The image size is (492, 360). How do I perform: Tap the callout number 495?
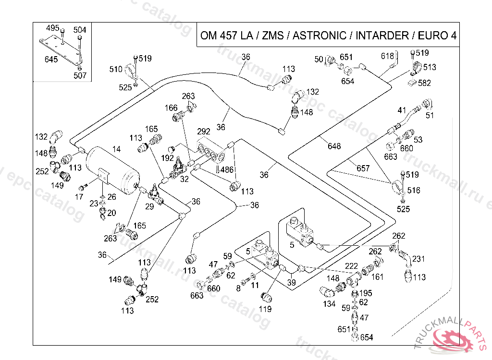52,28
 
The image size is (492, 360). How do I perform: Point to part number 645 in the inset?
51,60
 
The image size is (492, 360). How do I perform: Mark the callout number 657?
363,168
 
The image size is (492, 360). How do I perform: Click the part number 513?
430,67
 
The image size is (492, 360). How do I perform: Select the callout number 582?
425,83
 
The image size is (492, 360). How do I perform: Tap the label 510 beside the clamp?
116,69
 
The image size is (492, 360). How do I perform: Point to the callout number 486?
227,169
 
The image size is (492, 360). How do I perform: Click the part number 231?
419,259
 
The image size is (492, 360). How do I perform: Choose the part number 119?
265,309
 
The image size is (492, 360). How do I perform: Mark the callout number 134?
329,304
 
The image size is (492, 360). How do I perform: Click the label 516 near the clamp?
413,191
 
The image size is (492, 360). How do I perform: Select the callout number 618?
387,56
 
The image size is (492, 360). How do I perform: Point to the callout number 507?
80,75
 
